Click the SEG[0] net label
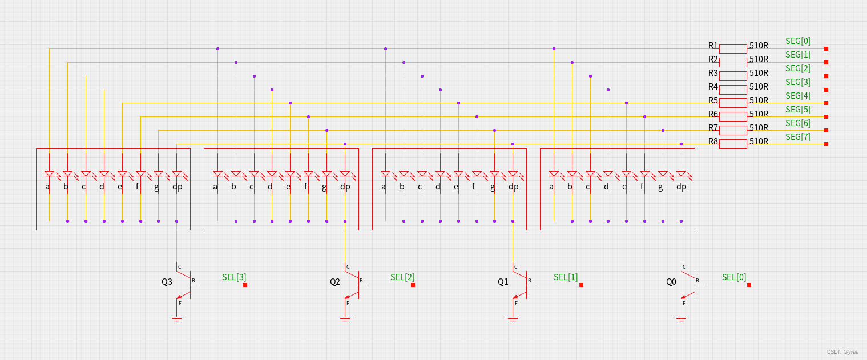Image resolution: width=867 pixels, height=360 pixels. click(x=798, y=41)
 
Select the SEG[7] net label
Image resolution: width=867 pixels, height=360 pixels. click(x=798, y=137)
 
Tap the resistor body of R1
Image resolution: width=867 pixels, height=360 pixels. click(x=733, y=48)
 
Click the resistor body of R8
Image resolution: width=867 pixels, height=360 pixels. click(x=733, y=144)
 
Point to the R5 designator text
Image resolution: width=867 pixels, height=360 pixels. click(x=713, y=100)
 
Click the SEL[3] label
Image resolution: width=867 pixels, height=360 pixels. click(x=234, y=277)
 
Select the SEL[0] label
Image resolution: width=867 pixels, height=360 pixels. click(x=734, y=277)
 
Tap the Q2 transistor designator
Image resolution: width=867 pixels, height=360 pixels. click(x=335, y=281)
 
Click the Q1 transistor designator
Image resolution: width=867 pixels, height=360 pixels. click(x=503, y=281)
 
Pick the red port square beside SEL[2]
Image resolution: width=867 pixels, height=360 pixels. click(x=413, y=285)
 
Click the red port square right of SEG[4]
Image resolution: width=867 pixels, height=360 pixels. click(x=826, y=103)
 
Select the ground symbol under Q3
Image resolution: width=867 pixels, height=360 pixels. click(x=176, y=318)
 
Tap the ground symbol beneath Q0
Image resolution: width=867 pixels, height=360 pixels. click(x=681, y=318)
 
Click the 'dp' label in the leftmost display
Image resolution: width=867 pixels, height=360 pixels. click(x=177, y=187)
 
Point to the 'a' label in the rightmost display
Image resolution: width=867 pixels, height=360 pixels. click(x=551, y=187)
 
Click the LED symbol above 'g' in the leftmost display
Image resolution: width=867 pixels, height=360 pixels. click(x=159, y=173)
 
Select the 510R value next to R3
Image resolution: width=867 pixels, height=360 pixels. click(x=759, y=73)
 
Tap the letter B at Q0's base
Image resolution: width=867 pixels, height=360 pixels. click(x=697, y=281)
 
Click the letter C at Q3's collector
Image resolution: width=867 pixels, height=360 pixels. click(x=179, y=267)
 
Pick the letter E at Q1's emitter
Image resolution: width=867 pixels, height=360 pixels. click(x=516, y=303)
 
